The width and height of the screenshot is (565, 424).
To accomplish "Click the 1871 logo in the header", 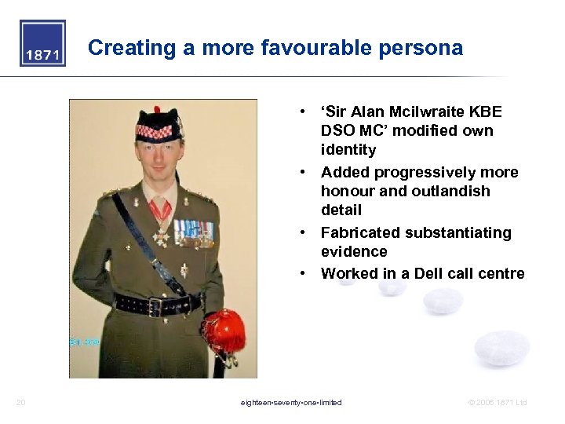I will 42,44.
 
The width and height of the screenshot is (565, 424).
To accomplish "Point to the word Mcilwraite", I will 418,112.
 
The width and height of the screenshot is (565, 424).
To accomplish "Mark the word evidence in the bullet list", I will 354,251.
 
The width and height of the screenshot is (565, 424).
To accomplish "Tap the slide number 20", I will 21,403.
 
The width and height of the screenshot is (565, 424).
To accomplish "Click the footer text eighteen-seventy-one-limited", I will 291,403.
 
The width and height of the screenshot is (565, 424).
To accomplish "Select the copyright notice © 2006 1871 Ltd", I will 498,403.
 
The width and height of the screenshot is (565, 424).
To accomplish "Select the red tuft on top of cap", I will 157,110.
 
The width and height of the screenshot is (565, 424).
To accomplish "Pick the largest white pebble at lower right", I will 502,348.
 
